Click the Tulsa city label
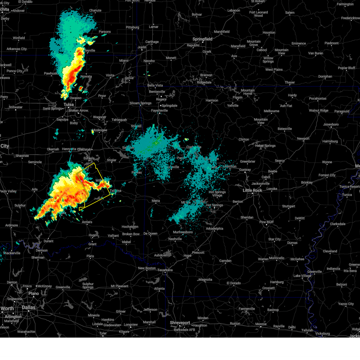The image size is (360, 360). [68, 104]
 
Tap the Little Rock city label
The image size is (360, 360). [252, 190]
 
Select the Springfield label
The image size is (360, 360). [202, 39]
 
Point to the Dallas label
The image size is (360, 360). [28, 307]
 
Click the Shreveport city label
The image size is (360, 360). [180, 323]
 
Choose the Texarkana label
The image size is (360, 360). [165, 270]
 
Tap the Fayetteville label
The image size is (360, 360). [159, 110]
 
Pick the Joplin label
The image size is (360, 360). [142, 47]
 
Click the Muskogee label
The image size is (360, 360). [99, 130]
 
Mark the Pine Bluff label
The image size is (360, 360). [266, 222]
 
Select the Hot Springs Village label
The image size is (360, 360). [217, 193]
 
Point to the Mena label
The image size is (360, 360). [156, 201]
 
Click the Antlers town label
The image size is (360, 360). [87, 222]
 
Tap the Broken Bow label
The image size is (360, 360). [131, 234]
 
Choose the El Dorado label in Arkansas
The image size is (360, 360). [234, 283]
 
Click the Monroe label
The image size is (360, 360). [261, 324]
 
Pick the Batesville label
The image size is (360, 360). [285, 129]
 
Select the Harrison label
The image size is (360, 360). [212, 100]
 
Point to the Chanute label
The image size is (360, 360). [95, 10]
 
